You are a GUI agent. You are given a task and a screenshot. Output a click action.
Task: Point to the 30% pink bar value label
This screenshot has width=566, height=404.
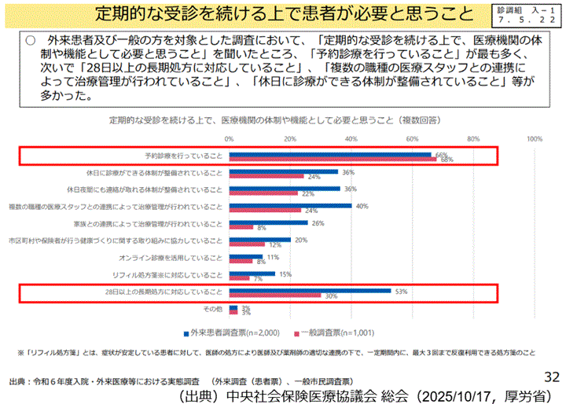(331, 296)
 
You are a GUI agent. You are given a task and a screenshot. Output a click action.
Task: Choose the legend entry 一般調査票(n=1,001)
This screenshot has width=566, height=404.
(328, 333)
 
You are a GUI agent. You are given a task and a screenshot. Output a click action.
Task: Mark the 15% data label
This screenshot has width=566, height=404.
(285, 274)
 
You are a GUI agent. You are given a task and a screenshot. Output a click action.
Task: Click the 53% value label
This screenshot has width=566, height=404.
(401, 291)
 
